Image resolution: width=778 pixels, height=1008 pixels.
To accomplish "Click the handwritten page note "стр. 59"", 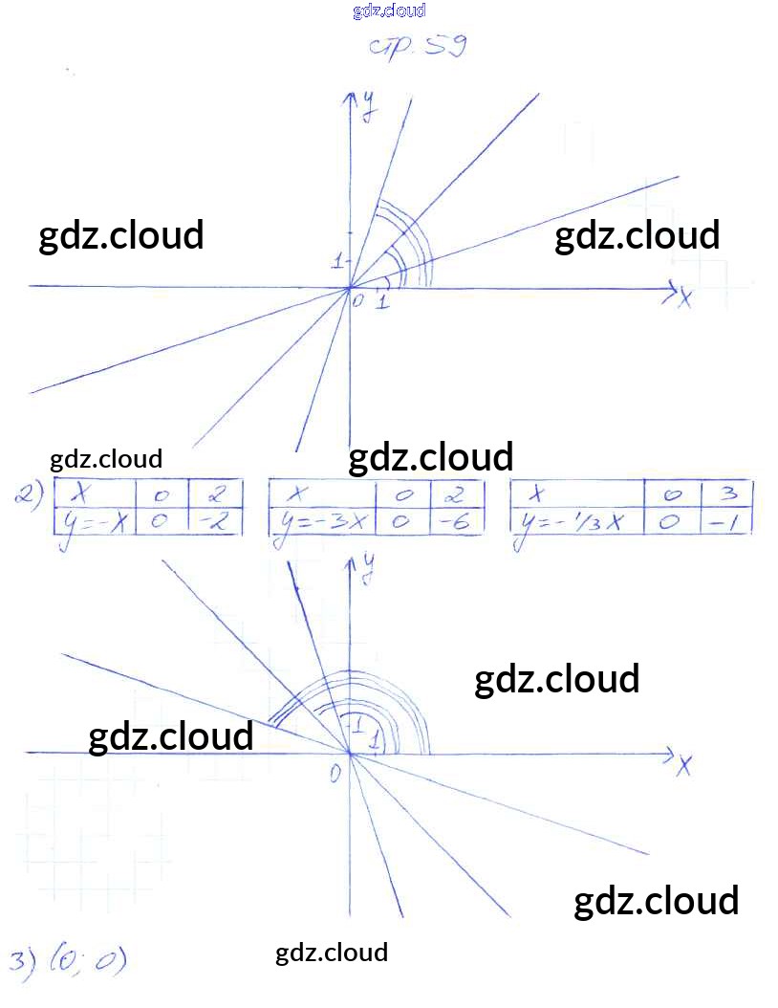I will (417, 46).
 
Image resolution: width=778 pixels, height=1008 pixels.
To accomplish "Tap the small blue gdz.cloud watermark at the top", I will (389, 11).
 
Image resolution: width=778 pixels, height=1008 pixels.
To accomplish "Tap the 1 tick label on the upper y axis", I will (336, 261).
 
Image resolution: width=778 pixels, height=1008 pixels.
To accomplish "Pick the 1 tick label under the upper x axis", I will (382, 302).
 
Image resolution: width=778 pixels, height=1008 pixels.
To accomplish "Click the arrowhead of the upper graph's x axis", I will (673, 288).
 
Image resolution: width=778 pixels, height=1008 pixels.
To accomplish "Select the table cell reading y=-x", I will (94, 522).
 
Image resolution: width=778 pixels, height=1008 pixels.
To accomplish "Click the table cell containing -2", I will (216, 522).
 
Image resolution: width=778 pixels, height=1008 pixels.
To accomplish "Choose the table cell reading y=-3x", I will (321, 523).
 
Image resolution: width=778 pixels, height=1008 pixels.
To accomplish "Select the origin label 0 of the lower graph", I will (335, 773).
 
